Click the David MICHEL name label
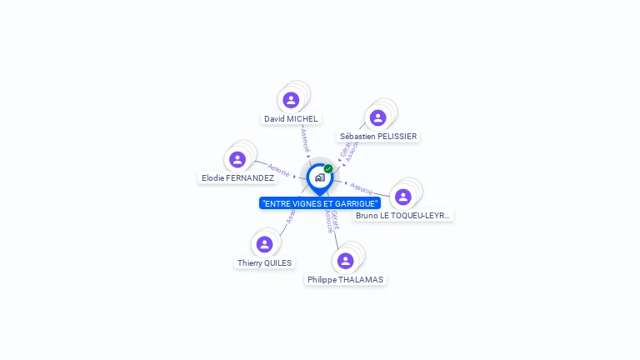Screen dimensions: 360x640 [291, 119]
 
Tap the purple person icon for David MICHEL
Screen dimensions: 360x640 [291, 100]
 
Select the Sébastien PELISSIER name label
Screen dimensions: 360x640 [378, 136]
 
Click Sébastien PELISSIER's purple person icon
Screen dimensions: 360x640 [377, 117]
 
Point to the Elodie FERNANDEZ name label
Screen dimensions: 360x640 [237, 178]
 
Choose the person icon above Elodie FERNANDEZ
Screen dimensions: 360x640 [237, 159]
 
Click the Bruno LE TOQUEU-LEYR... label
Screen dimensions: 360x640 [402, 215]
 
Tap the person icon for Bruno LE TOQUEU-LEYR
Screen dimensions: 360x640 [403, 197]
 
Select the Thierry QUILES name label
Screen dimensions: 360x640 [264, 262]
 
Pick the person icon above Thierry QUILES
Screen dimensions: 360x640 [265, 244]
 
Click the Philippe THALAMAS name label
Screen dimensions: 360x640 [345, 280]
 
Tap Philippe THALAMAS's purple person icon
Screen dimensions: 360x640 [345, 261]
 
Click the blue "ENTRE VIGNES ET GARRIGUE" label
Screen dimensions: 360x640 [320, 203]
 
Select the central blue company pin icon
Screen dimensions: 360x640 [319, 177]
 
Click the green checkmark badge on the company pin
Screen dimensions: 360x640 [328, 168]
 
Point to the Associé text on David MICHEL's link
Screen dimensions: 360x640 [305, 139]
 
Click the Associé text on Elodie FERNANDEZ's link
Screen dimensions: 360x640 [278, 170]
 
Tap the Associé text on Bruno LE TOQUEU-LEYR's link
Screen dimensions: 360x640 [361, 187]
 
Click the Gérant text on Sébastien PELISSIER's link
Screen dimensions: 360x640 [344, 150]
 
